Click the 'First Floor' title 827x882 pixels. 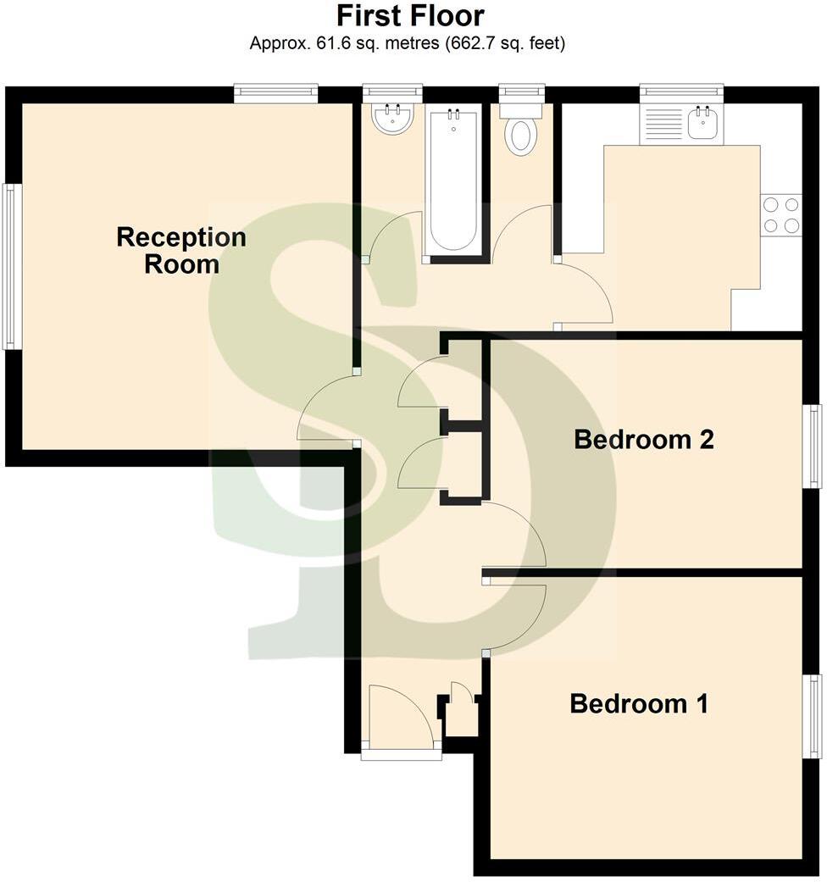[410, 16]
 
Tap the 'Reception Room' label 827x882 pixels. [181, 250]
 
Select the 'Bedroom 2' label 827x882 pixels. [644, 440]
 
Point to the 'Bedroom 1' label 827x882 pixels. [639, 703]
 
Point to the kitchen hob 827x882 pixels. [780, 215]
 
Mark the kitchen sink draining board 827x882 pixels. [663, 124]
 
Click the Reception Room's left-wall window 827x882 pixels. [10, 266]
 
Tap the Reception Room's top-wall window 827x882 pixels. [275, 92]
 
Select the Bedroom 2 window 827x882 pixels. [813, 446]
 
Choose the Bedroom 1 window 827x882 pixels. [813, 716]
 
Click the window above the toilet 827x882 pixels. [521, 91]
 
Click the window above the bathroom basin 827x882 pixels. [392, 91]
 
